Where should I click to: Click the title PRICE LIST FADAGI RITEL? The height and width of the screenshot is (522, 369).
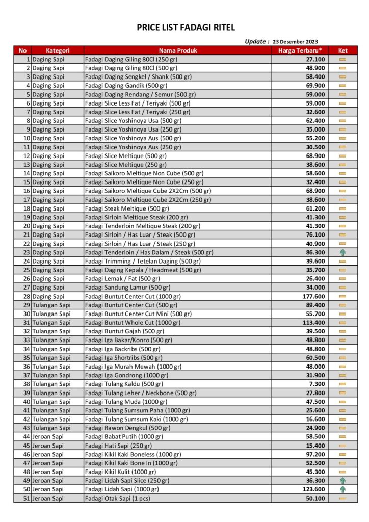tap(186, 28)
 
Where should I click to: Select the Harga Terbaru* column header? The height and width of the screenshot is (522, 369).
tap(300, 50)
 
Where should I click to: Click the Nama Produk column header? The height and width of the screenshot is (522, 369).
tap(177, 50)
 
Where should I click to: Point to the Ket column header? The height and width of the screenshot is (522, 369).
tap(342, 50)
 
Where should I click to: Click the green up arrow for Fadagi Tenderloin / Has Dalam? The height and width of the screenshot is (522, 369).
tap(342, 252)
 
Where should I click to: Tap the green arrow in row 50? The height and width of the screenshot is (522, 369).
tap(342, 489)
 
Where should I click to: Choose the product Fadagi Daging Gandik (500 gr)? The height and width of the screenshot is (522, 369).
tap(126, 86)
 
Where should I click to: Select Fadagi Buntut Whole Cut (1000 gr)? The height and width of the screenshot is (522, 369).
tap(133, 323)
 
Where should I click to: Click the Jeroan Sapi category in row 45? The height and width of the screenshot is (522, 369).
tap(48, 446)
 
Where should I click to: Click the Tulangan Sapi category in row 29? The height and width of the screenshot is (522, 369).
tap(51, 305)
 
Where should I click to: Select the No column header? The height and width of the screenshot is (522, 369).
tap(22, 50)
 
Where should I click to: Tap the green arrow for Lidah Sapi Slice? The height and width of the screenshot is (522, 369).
tap(342, 481)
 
